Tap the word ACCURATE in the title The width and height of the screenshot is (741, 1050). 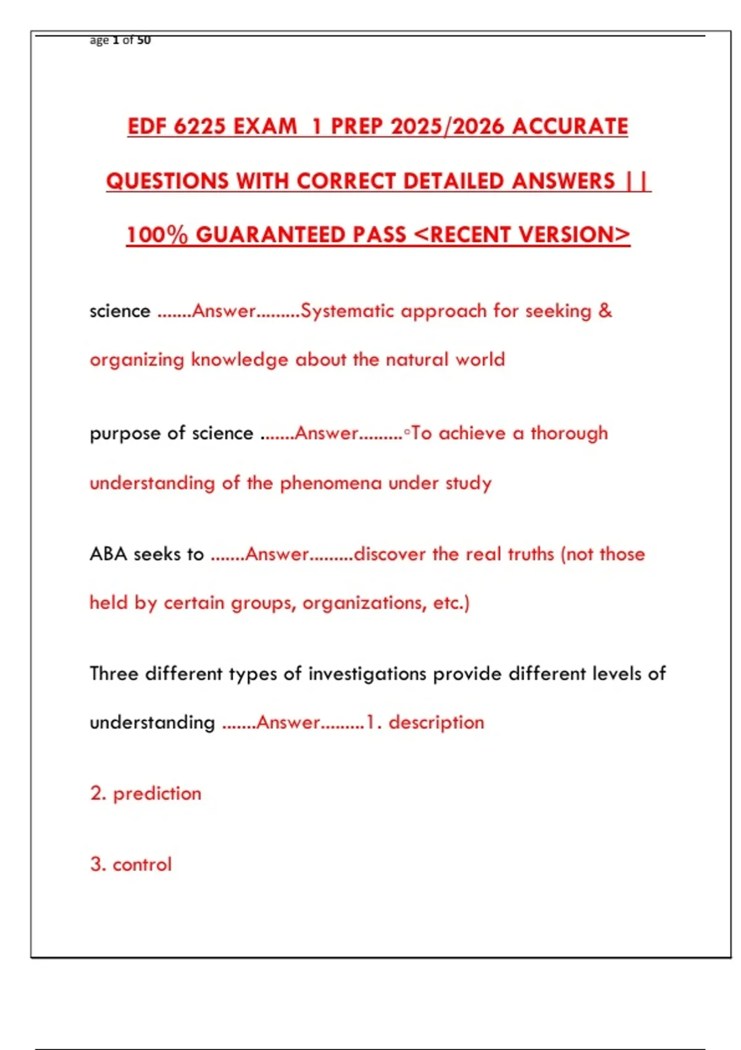pos(569,127)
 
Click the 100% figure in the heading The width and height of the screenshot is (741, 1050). pos(157,235)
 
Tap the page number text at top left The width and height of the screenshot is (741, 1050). pos(120,40)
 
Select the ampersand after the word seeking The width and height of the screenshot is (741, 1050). pos(605,311)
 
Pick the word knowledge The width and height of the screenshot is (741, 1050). pos(239,359)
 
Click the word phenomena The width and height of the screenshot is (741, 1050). pos(331,482)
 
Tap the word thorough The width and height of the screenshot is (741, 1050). pos(569,433)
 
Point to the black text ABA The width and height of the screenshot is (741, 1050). pos(108,554)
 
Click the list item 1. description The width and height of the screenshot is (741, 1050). pos(425,722)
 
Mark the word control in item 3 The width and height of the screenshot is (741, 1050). pos(142,864)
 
